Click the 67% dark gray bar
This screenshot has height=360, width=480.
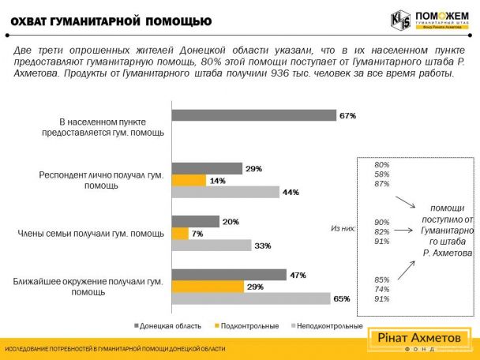click(x=253, y=115)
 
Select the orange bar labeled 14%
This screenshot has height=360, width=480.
click(x=189, y=180)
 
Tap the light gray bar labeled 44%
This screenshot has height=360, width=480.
click(x=225, y=192)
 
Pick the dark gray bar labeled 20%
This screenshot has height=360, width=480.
click(x=195, y=222)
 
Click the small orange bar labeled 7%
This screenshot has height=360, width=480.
click(x=180, y=234)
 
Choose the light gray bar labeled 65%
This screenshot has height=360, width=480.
click(x=251, y=298)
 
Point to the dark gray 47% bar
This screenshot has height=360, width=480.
click(x=229, y=275)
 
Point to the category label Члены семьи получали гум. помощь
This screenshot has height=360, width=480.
click(x=90, y=234)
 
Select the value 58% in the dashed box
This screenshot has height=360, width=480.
click(x=381, y=174)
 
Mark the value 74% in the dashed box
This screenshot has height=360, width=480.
click(x=381, y=289)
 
